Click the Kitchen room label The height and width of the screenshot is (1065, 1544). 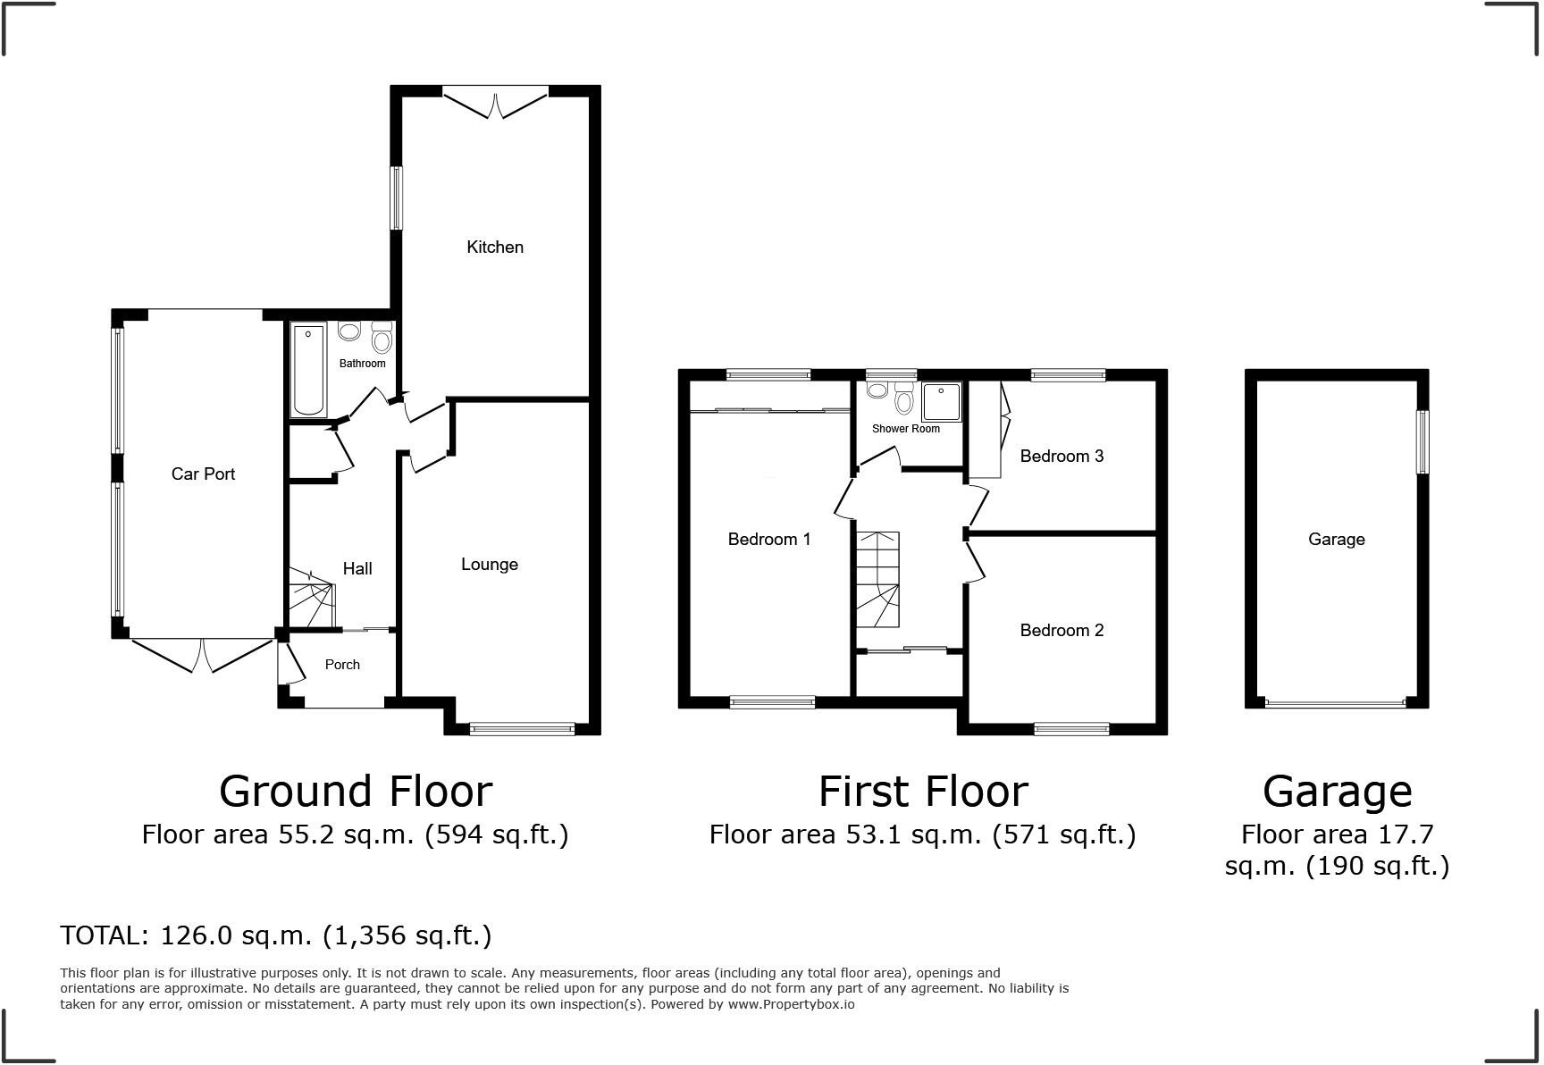(x=495, y=247)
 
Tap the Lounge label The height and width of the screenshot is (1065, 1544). (x=489, y=564)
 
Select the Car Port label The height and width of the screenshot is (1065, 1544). (x=203, y=474)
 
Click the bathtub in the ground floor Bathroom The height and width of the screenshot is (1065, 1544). (x=308, y=370)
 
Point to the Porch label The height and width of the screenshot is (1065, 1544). (x=342, y=664)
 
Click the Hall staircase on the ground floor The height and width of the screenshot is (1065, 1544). (x=310, y=600)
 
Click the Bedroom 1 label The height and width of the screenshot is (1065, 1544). (x=768, y=539)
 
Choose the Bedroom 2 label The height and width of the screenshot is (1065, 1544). (x=1061, y=630)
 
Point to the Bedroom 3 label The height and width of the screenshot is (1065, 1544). (x=1061, y=456)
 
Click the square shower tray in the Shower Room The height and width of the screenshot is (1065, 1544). (x=941, y=401)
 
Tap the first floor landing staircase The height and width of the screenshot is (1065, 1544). (x=877, y=580)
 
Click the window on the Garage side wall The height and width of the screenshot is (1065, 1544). (x=1422, y=441)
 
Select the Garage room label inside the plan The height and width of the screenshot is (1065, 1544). (x=1336, y=539)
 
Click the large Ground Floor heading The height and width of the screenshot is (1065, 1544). (x=355, y=791)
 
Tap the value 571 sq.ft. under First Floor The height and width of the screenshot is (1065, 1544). (x=1063, y=834)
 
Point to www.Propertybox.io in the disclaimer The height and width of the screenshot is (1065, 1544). (x=791, y=1004)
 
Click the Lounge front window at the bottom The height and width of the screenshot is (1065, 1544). (x=523, y=729)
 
